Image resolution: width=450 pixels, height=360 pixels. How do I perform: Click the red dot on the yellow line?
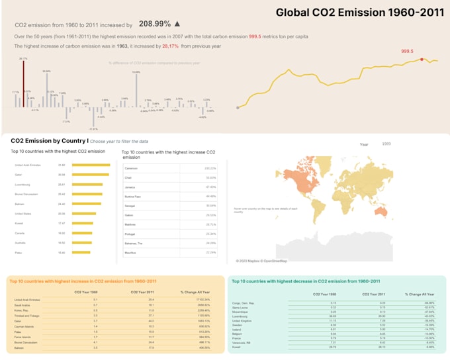tap(422, 60)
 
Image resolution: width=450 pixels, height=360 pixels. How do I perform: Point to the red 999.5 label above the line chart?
tap(408, 51)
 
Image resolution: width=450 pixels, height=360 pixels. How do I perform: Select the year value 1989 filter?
tap(386, 143)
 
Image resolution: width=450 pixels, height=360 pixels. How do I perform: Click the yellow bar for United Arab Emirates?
tap(91, 165)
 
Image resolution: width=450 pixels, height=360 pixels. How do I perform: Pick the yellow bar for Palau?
tap(84, 252)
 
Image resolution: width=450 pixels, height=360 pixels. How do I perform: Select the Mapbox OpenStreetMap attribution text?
tap(262, 261)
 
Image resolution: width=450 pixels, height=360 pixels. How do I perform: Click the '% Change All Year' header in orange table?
tap(195, 292)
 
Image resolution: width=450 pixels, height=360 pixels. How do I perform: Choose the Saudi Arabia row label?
tap(22, 305)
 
